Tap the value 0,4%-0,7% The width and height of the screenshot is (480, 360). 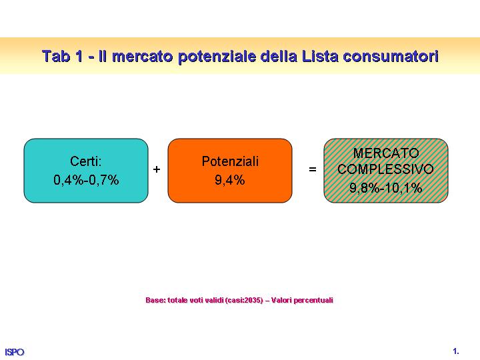(x=86, y=180)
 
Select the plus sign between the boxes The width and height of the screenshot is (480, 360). (x=157, y=169)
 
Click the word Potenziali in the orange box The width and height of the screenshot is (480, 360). (x=230, y=161)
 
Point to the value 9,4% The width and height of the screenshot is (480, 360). (x=230, y=180)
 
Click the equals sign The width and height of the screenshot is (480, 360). (x=313, y=169)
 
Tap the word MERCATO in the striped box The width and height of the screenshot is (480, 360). (x=386, y=153)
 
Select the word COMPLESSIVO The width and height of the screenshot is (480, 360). (x=386, y=169)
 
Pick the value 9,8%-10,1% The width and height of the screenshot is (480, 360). (x=386, y=187)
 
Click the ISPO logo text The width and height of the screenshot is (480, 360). (x=15, y=352)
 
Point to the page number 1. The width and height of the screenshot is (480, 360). (x=456, y=351)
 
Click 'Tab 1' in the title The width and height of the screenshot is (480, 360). (x=63, y=56)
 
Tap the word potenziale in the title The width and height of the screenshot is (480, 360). (x=217, y=57)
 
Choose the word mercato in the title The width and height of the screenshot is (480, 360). (x=143, y=57)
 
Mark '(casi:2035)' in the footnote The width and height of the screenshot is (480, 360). (x=244, y=300)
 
